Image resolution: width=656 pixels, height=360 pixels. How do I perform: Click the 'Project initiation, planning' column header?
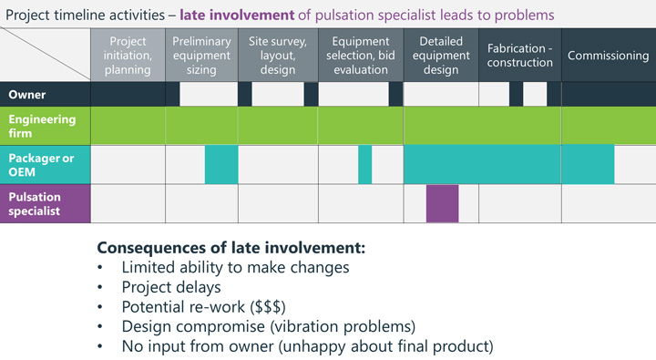[x=128, y=56]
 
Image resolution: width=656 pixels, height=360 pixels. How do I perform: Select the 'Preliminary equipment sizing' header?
[x=201, y=56]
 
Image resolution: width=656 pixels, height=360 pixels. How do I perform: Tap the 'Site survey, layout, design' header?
[x=277, y=56]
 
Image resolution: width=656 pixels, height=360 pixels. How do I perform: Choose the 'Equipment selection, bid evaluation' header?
[x=360, y=56]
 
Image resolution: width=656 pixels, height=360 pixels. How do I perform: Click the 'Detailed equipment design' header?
[x=441, y=56]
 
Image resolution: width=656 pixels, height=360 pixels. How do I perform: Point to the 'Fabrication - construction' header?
[x=519, y=56]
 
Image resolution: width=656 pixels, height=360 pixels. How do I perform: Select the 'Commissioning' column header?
[x=608, y=56]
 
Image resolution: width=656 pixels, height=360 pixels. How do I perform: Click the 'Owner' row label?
[x=27, y=94]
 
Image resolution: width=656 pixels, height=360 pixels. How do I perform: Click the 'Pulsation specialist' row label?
[x=35, y=203]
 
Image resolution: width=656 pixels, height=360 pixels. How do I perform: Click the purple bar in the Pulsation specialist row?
[x=442, y=203]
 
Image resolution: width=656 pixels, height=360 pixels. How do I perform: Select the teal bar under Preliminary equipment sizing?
[x=220, y=164]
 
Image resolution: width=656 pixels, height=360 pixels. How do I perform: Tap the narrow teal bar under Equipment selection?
[x=364, y=164]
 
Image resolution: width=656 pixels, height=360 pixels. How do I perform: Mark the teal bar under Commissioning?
[x=588, y=164]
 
